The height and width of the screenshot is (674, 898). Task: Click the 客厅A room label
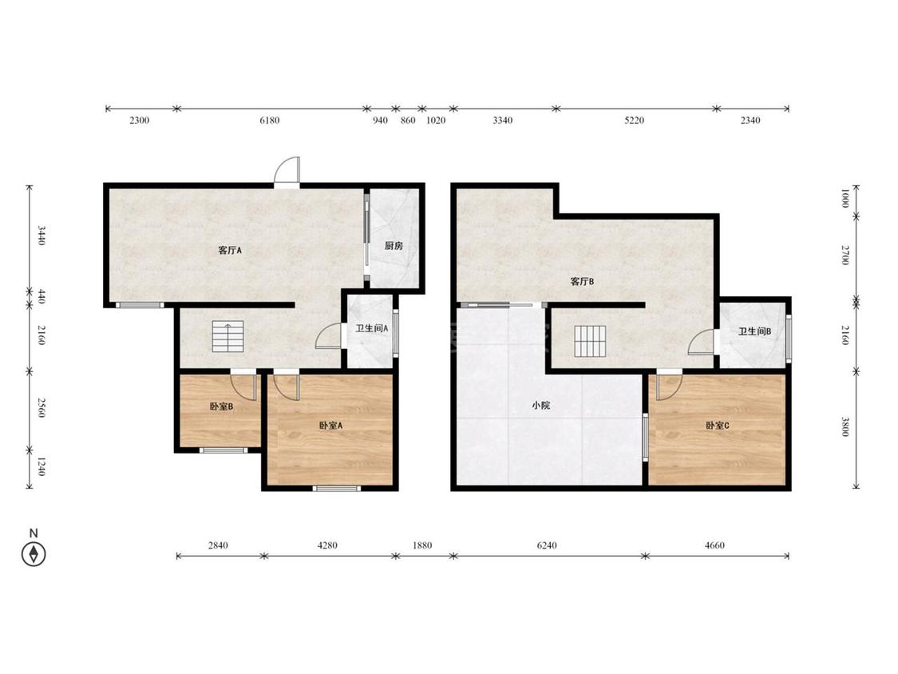pos(230,251)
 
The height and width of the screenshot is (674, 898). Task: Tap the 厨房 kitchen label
pos(394,246)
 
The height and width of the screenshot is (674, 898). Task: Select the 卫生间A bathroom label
pos(372,328)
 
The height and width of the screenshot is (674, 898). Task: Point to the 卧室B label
pos(220,407)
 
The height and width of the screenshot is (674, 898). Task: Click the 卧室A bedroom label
pos(330,426)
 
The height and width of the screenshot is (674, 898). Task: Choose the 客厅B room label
pos(582,281)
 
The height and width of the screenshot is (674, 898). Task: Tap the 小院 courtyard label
pos(540,405)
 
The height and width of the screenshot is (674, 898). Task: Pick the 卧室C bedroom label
pos(717,426)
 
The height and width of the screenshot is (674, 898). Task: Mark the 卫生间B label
pos(754,331)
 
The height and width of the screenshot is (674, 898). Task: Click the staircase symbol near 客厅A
pos(228,336)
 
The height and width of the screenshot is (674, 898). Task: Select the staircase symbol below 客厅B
pos(590,341)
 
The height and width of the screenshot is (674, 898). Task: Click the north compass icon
pos(34,554)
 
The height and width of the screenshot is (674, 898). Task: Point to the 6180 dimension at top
pos(270,121)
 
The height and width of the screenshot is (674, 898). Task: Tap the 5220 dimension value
pos(634,121)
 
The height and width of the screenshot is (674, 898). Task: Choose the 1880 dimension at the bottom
pos(422,545)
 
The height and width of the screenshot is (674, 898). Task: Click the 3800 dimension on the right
pos(845,426)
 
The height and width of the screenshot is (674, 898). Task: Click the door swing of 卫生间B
pos(701,342)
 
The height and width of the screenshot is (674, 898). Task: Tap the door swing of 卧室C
pos(669,387)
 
